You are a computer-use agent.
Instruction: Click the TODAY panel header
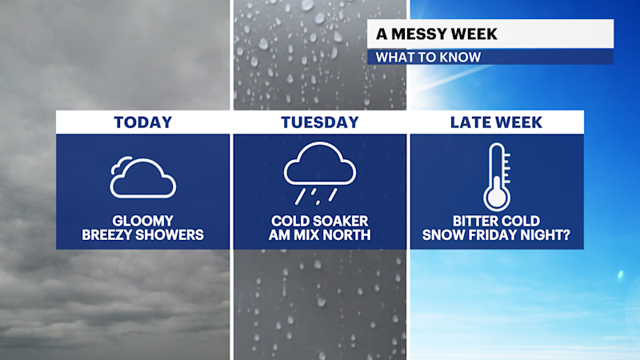[x=142, y=122]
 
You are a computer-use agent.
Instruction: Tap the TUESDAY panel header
[x=319, y=122]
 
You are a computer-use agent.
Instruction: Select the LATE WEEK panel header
[x=496, y=122]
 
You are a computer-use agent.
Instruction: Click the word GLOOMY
[x=142, y=221]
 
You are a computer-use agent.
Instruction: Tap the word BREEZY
[x=109, y=235]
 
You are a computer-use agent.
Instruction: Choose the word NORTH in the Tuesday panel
[x=351, y=235]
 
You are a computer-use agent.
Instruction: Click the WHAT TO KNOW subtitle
[x=428, y=57]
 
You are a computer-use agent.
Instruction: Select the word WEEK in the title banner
[x=476, y=34]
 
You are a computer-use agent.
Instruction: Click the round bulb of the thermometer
[x=496, y=195]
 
